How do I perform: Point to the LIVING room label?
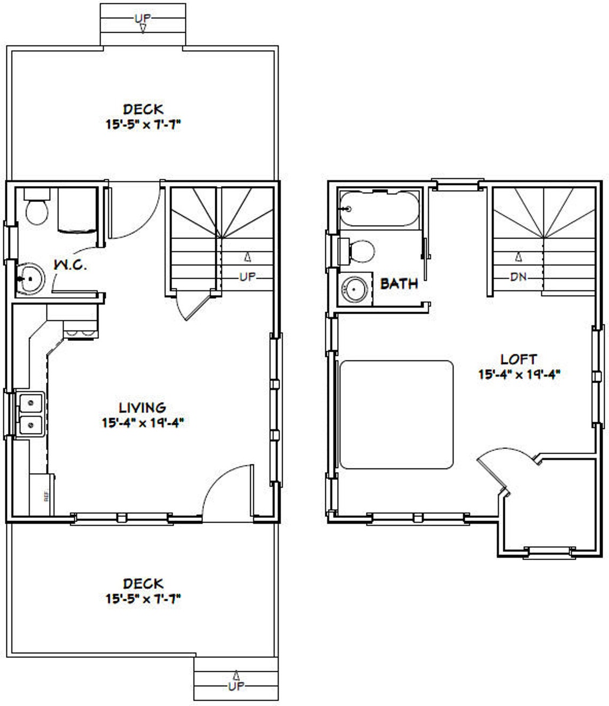tap(142, 408)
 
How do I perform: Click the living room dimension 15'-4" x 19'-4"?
tap(143, 423)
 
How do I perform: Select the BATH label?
tap(399, 283)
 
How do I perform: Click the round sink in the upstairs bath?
tap(353, 289)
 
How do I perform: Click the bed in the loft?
tap(396, 415)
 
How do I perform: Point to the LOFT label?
tap(518, 359)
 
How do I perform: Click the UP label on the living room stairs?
tap(247, 277)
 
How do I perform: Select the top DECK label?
tap(143, 109)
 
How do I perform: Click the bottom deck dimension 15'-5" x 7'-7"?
tap(143, 599)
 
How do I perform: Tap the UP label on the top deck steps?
tap(143, 19)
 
